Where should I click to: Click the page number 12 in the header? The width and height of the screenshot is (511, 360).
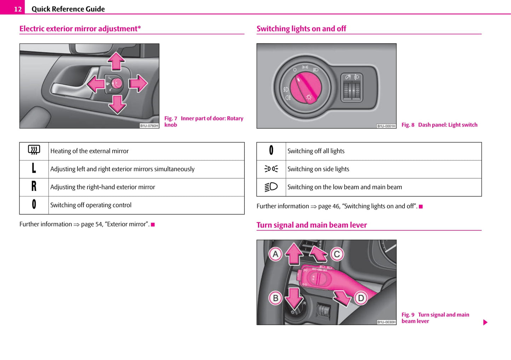(18, 9)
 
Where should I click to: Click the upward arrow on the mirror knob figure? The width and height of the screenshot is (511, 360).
(116, 61)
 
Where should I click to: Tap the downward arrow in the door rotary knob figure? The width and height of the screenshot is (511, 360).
(117, 104)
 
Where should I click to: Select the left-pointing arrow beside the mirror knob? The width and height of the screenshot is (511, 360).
(96, 84)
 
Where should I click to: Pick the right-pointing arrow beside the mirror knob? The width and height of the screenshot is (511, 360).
(138, 83)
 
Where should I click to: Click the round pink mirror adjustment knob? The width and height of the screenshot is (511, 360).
(117, 83)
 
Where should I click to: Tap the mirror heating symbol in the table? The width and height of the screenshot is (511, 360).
(34, 150)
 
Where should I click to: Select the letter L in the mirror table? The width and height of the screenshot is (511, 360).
(34, 168)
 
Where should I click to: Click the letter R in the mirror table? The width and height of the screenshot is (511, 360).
(34, 186)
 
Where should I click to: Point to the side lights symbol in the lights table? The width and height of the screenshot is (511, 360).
(271, 169)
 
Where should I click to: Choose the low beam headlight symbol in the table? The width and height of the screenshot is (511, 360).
(271, 187)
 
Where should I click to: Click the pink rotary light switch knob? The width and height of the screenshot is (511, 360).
(306, 88)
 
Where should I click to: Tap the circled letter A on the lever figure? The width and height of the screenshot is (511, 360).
(275, 254)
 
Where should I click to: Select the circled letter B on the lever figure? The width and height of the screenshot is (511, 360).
(275, 298)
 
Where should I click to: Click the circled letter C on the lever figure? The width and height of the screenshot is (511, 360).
(337, 254)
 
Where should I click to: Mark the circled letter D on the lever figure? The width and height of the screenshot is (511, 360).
(361, 298)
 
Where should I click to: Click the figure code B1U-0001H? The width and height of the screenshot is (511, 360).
(386, 126)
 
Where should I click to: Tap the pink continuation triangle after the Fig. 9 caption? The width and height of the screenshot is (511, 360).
(485, 322)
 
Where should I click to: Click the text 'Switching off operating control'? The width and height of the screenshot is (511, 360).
(91, 205)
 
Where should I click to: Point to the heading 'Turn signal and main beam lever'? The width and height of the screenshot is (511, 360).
(312, 225)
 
